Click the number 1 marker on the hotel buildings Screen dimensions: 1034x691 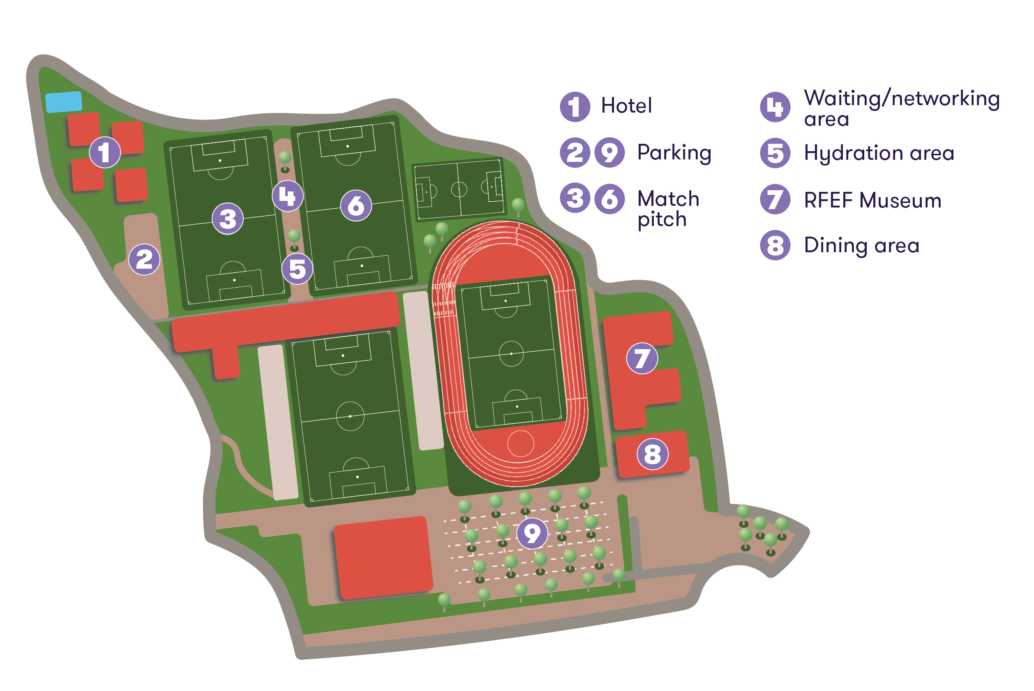104,152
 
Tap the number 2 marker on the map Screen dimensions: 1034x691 144,260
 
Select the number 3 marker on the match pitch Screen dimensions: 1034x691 228,219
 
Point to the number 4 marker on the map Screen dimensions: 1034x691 287,196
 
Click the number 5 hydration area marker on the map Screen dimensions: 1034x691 298,269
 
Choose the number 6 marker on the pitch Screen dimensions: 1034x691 356,206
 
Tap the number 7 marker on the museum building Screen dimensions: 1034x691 642,358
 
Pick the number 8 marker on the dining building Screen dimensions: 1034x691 653,454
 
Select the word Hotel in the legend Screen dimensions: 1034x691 626,106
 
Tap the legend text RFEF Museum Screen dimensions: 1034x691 872,200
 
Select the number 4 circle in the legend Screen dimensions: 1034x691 775,107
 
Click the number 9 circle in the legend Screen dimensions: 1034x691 609,153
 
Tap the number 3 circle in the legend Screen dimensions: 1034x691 575,199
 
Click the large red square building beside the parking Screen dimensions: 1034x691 383,558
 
